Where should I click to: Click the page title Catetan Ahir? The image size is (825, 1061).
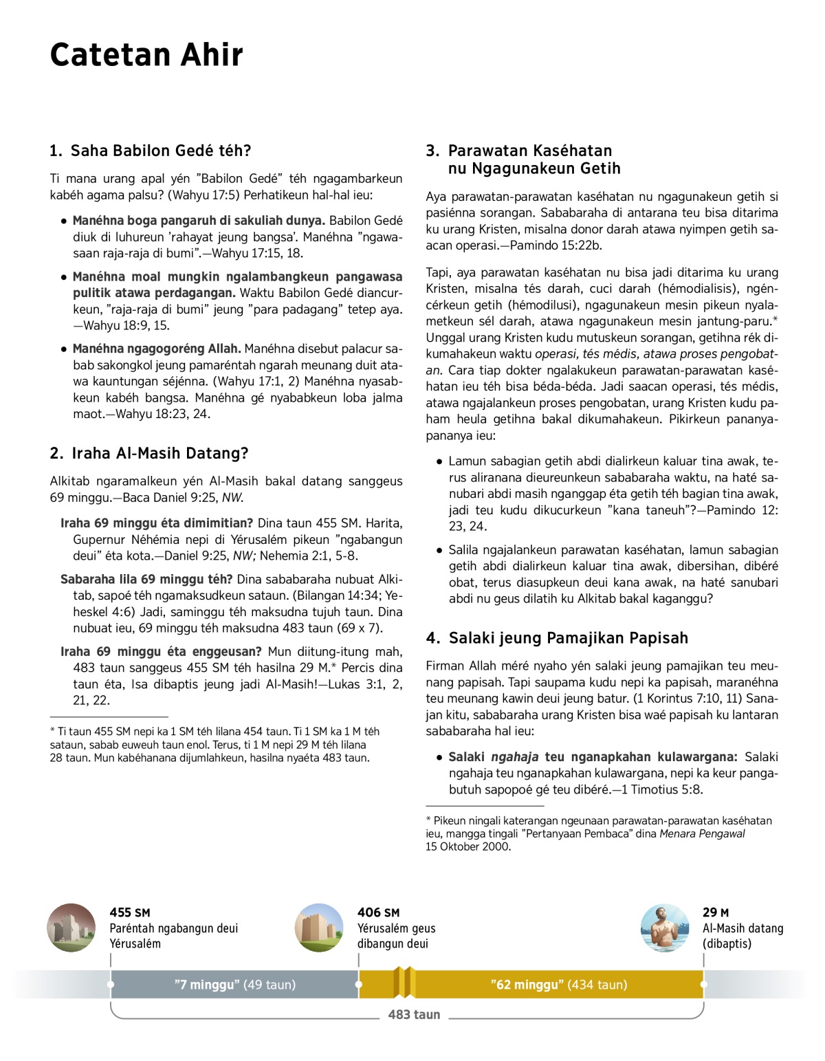tap(146, 55)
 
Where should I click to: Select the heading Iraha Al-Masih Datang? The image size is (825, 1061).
tap(149, 453)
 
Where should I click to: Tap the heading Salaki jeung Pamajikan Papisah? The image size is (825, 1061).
tap(557, 638)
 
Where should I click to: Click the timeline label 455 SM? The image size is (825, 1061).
tap(130, 912)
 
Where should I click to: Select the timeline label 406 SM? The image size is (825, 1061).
tap(378, 912)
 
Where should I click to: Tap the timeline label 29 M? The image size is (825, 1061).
tap(716, 912)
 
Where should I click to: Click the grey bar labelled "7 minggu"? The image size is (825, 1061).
tap(234, 985)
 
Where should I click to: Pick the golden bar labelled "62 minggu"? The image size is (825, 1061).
tap(558, 985)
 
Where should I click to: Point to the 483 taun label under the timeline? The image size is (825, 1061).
tap(414, 1014)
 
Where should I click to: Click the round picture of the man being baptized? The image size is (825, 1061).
tap(664, 928)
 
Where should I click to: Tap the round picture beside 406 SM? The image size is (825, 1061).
tap(319, 928)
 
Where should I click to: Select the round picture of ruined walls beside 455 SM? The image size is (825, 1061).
tap(71, 928)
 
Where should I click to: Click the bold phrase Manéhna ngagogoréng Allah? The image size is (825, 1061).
tap(157, 349)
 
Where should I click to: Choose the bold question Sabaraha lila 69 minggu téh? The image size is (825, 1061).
tap(146, 579)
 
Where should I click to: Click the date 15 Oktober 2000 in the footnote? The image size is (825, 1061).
tap(468, 846)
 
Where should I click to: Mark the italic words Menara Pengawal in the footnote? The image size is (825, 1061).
tap(702, 833)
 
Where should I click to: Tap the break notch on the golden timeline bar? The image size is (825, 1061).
tap(404, 983)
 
